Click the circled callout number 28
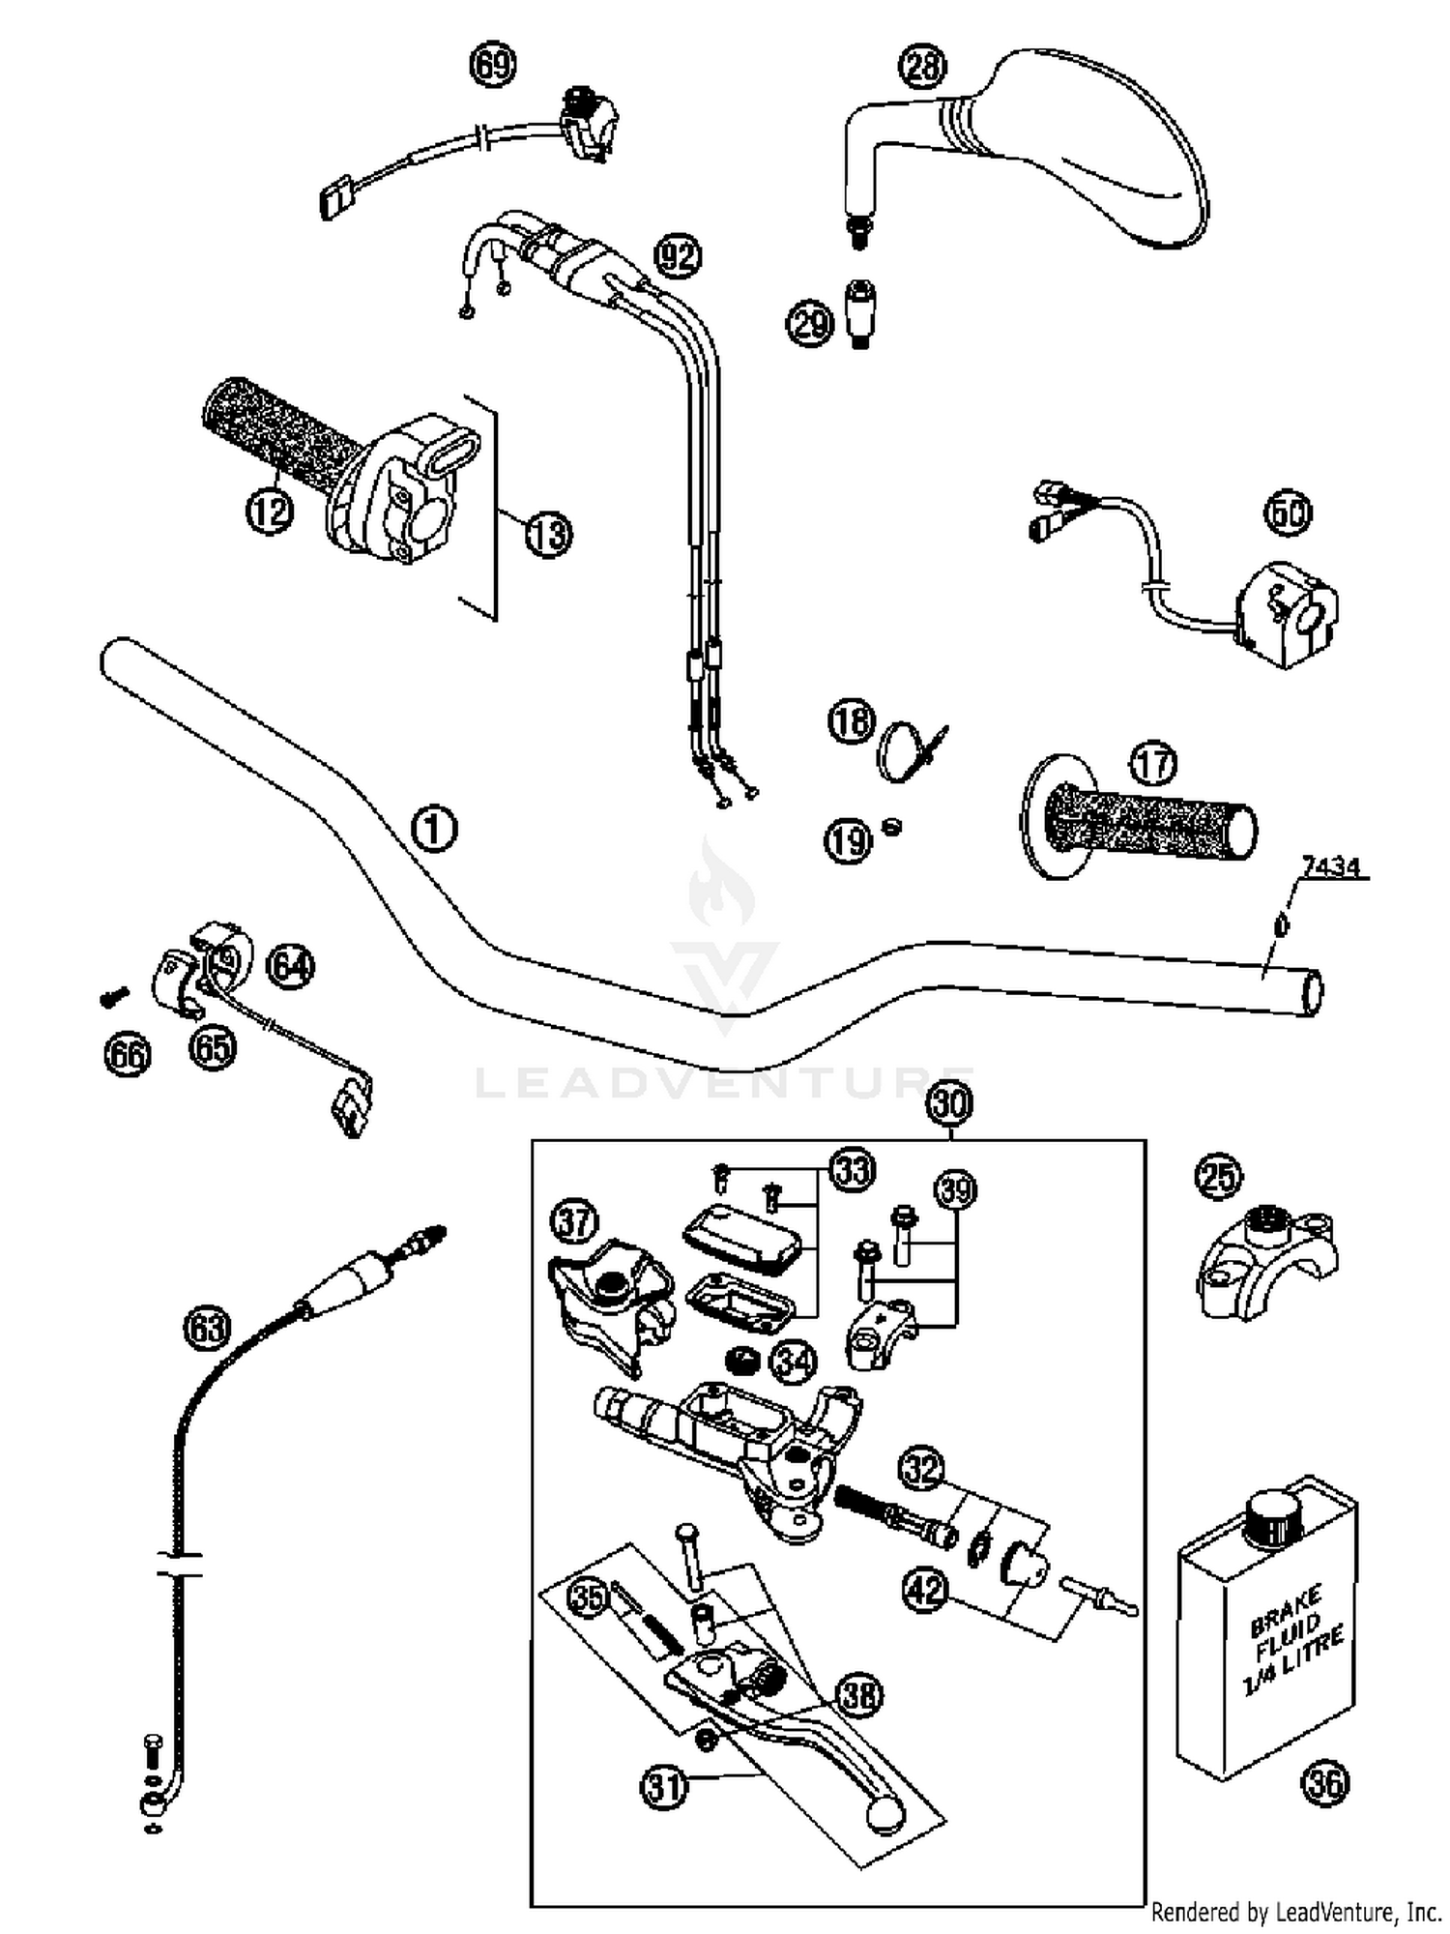coord(922,67)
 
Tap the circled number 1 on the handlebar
coord(434,830)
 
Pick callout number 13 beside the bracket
coord(548,533)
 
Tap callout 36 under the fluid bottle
coord(1324,1781)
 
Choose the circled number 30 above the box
coord(950,1103)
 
